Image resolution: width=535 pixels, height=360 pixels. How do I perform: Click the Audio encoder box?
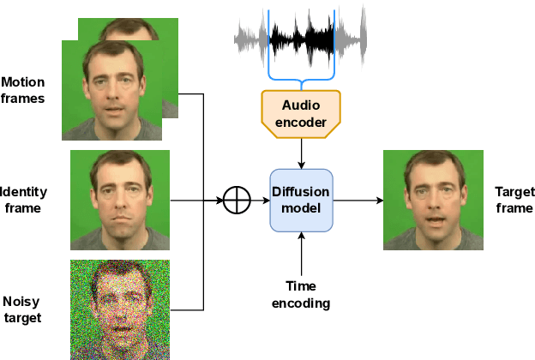click(x=300, y=113)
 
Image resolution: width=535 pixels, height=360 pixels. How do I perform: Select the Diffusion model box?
click(x=300, y=200)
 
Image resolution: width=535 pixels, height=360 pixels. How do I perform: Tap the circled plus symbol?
click(x=235, y=201)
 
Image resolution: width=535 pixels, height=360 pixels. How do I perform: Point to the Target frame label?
click(x=514, y=201)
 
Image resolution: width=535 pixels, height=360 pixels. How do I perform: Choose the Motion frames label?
click(x=23, y=90)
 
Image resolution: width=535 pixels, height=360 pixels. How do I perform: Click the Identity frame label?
click(x=23, y=200)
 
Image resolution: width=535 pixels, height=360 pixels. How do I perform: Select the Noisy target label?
click(x=21, y=309)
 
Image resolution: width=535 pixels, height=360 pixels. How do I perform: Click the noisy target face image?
click(x=120, y=309)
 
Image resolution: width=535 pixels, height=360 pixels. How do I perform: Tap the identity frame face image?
click(x=120, y=200)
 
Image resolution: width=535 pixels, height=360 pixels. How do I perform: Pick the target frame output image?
click(x=433, y=200)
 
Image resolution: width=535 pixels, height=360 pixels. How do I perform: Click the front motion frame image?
click(x=112, y=90)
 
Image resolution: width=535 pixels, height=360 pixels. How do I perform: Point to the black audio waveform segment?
click(x=302, y=37)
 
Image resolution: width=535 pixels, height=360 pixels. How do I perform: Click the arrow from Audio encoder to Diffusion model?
click(x=301, y=152)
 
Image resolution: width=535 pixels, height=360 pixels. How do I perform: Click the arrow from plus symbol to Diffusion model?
click(x=258, y=201)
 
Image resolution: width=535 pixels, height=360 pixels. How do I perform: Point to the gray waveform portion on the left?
click(x=251, y=37)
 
